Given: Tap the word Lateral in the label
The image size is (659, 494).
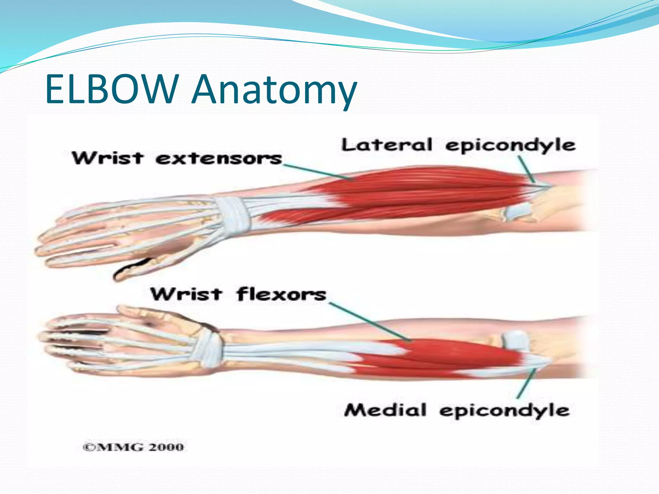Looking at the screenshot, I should click(x=386, y=145).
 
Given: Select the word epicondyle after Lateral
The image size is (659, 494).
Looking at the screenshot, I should click(x=510, y=146).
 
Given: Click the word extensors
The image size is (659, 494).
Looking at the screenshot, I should click(x=218, y=159).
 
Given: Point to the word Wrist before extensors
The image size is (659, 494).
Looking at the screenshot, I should click(x=107, y=158).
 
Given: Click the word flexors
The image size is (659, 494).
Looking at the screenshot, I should click(x=281, y=294).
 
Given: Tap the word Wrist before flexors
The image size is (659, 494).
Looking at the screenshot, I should click(x=186, y=294).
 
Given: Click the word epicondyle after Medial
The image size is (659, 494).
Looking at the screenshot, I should click(x=504, y=411).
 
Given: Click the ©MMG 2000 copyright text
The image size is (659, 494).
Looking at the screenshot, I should click(x=133, y=447).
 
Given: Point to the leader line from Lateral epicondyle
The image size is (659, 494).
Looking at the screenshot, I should click(x=526, y=169).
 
